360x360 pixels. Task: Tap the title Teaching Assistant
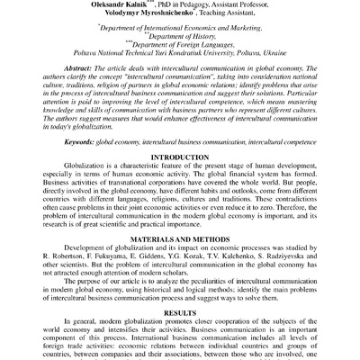(231, 13)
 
